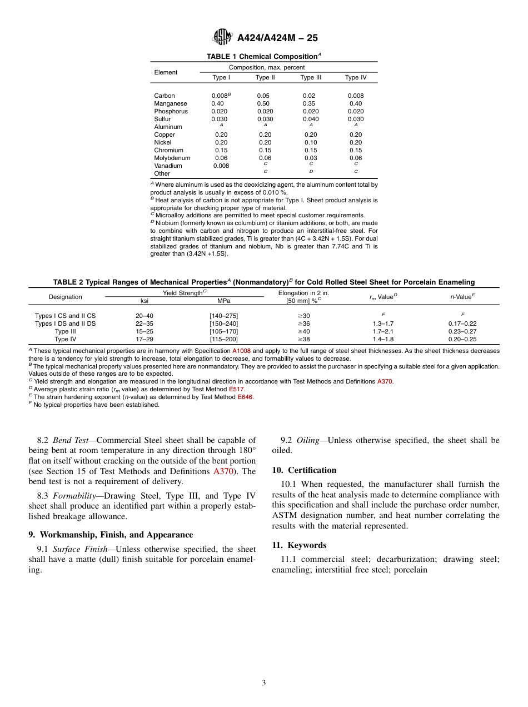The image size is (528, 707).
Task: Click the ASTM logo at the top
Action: tap(222, 37)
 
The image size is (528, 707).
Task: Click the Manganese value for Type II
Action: tap(263, 103)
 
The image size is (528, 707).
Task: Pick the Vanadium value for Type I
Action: tap(221, 166)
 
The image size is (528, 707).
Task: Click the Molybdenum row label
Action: tap(172, 158)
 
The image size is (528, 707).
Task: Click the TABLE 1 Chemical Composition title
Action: tap(264, 56)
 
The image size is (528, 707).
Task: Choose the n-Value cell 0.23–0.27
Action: tap(462, 331)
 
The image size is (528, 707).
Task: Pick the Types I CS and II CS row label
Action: tap(65, 316)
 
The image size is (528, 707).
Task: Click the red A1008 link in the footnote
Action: tap(242, 351)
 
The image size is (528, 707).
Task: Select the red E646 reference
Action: tap(245, 397)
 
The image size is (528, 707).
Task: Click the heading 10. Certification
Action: tap(304, 470)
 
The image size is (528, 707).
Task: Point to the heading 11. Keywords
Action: tap(299, 545)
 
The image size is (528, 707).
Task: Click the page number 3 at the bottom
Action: tap(264, 683)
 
